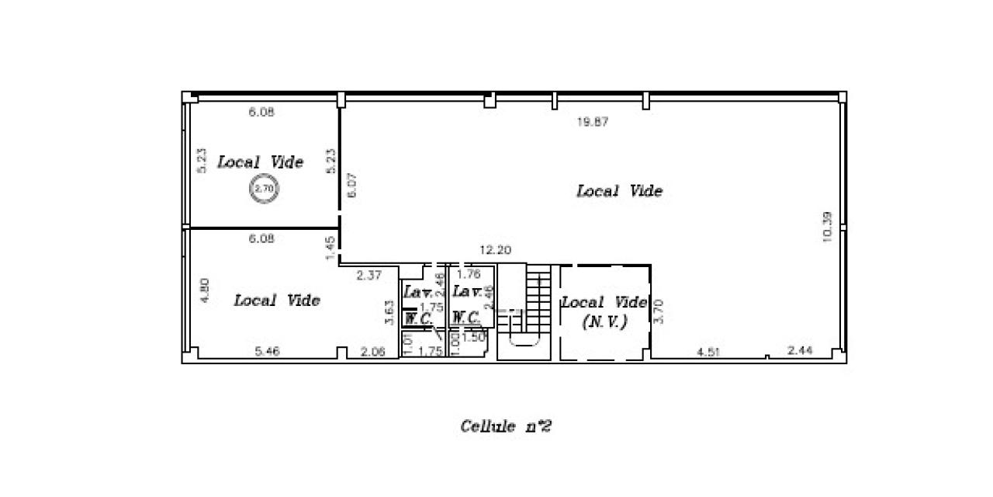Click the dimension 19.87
(x=592, y=122)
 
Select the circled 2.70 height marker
(x=264, y=188)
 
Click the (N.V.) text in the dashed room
(x=604, y=321)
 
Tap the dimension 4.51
(x=708, y=352)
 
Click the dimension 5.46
(x=268, y=352)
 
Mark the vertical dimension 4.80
(x=205, y=290)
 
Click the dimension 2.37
(x=369, y=274)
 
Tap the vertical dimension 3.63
(x=389, y=312)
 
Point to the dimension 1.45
(x=330, y=248)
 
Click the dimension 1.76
(x=469, y=274)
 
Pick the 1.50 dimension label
(x=473, y=337)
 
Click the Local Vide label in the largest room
(x=619, y=191)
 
